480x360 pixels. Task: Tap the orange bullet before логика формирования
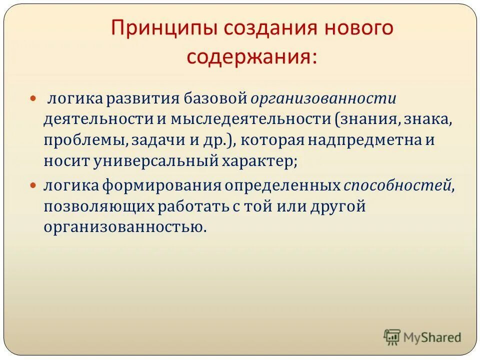point(34,185)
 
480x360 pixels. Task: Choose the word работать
point(198,206)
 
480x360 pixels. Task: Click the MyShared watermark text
point(432,337)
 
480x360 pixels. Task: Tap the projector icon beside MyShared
point(392,337)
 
